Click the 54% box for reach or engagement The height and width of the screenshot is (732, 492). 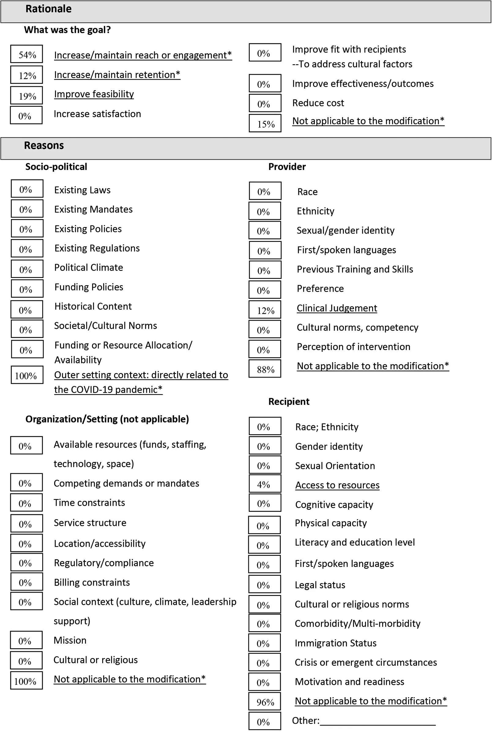(x=27, y=54)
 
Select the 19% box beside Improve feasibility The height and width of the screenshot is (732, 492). (x=27, y=96)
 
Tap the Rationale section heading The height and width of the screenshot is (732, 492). (x=48, y=9)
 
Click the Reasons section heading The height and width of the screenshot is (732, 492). (x=44, y=146)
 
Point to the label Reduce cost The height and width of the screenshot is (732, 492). (x=318, y=103)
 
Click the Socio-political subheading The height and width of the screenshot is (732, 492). (x=56, y=167)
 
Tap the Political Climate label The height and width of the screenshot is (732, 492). (x=88, y=268)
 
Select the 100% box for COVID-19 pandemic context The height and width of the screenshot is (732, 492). (x=27, y=375)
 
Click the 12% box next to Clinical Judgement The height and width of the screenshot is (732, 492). (x=265, y=310)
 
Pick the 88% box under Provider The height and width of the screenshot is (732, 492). (x=265, y=369)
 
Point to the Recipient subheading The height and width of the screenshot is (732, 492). (x=289, y=401)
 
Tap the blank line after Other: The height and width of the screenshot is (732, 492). (x=378, y=721)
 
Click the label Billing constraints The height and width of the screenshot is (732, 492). (x=91, y=582)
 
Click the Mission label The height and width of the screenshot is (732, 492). (x=70, y=641)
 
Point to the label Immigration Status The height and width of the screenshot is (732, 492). (x=335, y=643)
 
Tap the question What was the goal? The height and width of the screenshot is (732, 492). (x=67, y=30)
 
